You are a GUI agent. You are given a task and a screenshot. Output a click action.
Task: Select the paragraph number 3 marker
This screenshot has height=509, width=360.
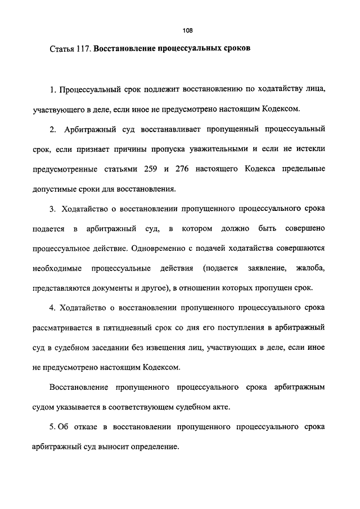click(51, 209)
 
